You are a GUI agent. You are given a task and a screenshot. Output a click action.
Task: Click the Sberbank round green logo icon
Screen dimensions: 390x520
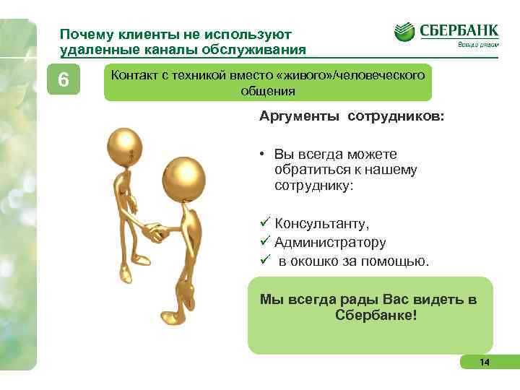tap(405, 32)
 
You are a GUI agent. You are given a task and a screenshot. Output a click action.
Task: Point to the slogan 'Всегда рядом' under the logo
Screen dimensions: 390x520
tap(477, 47)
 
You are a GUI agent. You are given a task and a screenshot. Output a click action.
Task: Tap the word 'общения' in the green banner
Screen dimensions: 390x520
tap(267, 91)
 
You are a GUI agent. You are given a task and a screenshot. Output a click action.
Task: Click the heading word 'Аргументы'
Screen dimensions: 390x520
tap(298, 117)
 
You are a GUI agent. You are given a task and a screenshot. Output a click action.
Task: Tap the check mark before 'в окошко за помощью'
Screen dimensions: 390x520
tap(265, 260)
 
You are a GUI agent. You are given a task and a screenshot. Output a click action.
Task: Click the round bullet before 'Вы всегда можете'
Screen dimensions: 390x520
tap(265, 154)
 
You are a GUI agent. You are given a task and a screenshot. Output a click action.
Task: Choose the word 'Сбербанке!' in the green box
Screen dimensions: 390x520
tap(376, 316)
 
